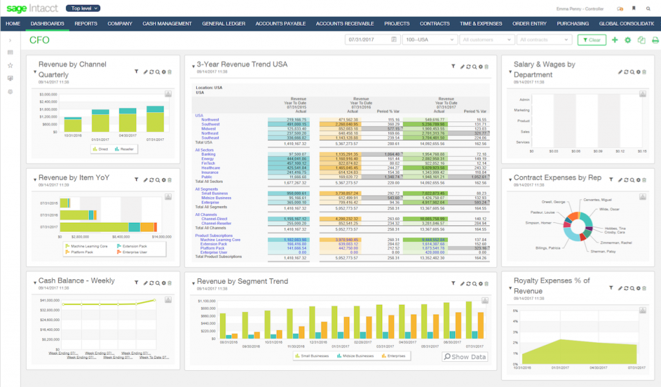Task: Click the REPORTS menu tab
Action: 86,24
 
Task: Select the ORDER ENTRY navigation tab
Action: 529,24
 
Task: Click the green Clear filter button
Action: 591,40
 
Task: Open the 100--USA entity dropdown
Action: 429,40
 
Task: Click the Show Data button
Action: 465,357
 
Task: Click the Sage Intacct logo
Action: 31,8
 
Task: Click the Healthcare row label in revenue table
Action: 212,167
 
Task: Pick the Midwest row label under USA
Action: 209,129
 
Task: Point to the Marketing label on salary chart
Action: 522,110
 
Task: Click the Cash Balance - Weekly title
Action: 77,280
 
